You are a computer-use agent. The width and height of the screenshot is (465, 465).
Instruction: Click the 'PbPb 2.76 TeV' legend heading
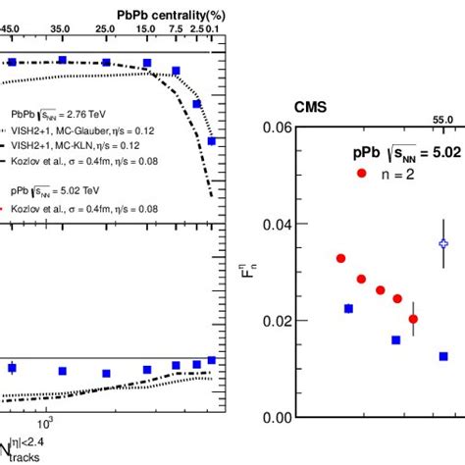(56, 114)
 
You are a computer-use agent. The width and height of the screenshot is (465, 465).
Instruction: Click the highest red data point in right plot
(340, 258)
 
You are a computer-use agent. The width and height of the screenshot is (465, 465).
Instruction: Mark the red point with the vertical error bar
(413, 319)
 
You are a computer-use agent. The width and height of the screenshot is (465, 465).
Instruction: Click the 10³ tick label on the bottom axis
(45, 422)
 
